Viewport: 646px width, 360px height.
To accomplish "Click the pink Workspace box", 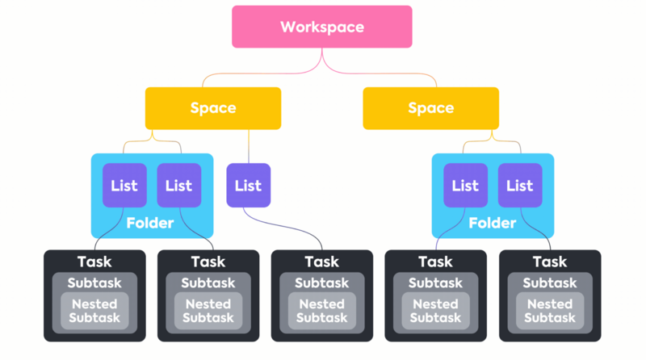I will click(x=322, y=27).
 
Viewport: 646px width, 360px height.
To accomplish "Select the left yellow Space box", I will click(x=213, y=108).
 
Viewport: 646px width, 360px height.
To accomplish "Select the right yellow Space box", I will click(x=430, y=108).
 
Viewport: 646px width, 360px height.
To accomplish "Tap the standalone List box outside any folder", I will click(x=248, y=186).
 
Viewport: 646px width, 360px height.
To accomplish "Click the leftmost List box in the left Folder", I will click(x=124, y=186).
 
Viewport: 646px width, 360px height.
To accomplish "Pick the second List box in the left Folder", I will click(x=178, y=186).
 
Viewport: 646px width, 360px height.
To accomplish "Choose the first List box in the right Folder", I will click(x=465, y=186).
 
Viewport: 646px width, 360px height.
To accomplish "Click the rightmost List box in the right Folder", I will click(x=519, y=186).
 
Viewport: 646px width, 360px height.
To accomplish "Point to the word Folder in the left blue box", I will click(x=150, y=223).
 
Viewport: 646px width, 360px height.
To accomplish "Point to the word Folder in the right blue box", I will click(x=493, y=223).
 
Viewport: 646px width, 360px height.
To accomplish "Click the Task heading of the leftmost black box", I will click(x=94, y=262).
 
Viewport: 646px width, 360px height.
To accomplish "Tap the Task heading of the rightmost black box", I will click(x=550, y=262).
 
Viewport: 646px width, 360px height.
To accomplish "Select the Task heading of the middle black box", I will click(x=322, y=262).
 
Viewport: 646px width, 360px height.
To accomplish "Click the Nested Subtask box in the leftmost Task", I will click(x=94, y=311).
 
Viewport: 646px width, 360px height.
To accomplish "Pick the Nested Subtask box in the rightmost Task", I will click(x=550, y=311).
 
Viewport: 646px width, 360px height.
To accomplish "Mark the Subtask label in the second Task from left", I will click(x=208, y=283).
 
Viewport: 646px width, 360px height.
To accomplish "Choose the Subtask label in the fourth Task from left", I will click(x=436, y=283).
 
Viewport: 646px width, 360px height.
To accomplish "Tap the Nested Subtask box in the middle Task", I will click(x=322, y=311).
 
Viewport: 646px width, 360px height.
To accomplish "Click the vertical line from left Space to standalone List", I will click(x=248, y=146).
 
